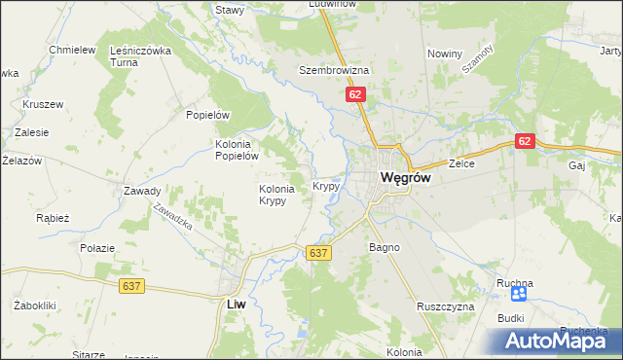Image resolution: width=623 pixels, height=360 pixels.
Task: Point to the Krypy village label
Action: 325,185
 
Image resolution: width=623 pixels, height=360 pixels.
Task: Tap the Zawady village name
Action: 142,191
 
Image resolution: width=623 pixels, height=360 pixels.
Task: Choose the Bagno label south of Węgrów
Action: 385,247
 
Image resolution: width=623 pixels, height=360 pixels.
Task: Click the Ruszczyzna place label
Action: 445,306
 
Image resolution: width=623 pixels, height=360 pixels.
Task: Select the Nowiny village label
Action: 444,54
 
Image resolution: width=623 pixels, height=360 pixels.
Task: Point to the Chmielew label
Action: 72,50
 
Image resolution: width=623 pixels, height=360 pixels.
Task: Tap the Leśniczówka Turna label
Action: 141,55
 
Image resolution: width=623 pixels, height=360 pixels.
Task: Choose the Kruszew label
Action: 43,103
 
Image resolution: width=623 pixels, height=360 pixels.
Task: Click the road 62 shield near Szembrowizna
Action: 354,94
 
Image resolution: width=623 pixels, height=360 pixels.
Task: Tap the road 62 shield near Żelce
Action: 526,141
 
